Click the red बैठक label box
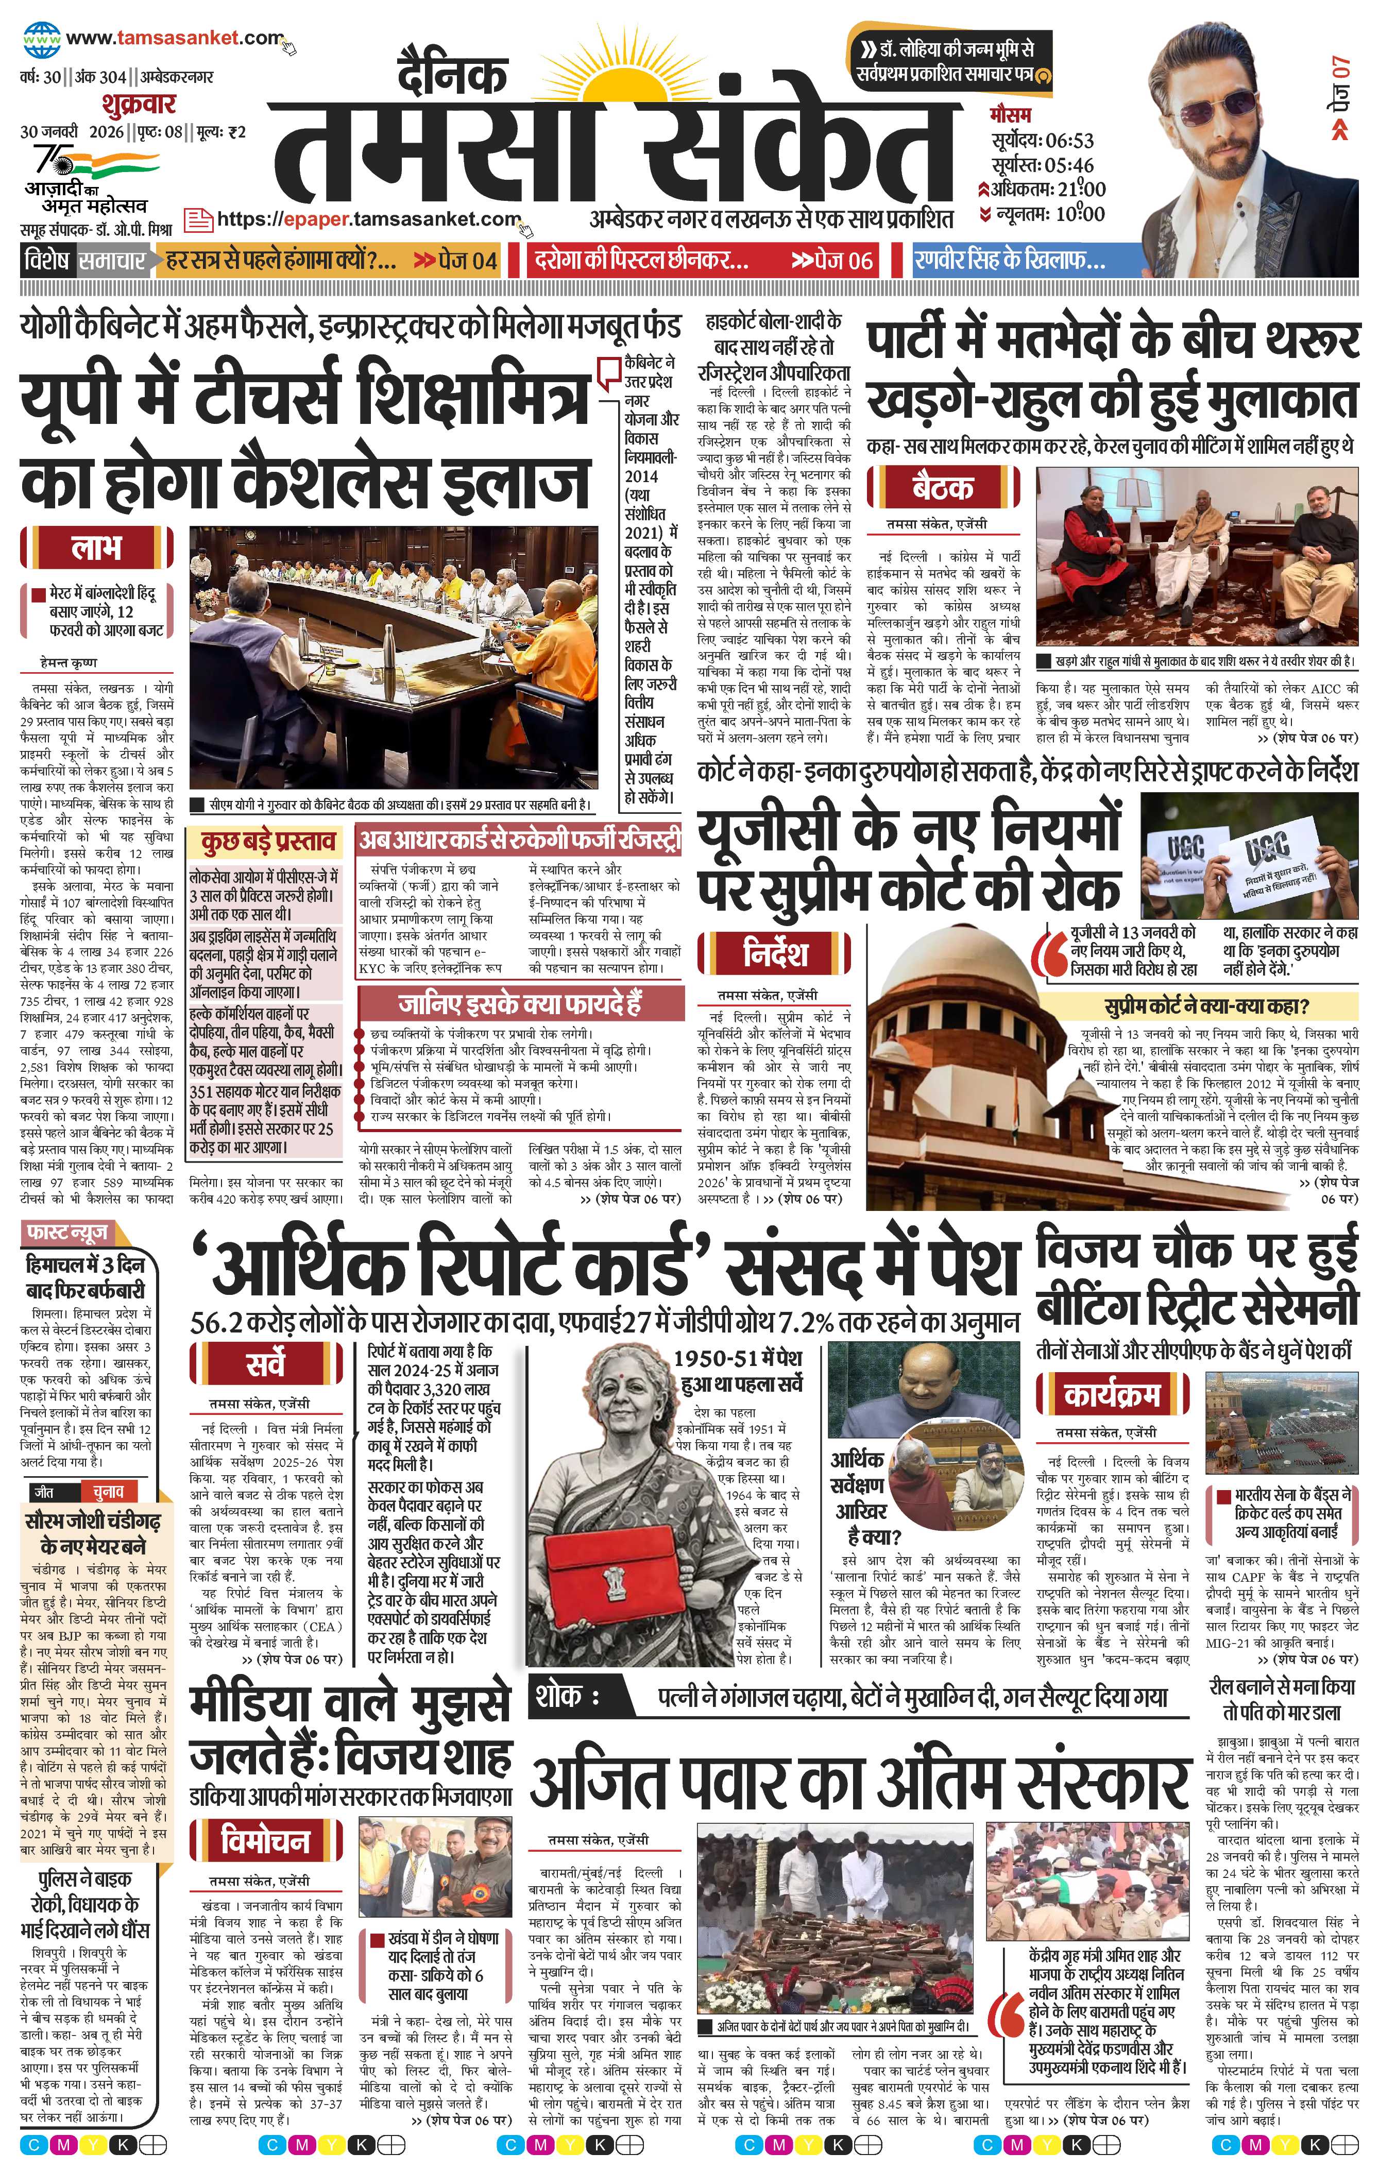pos(942,488)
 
